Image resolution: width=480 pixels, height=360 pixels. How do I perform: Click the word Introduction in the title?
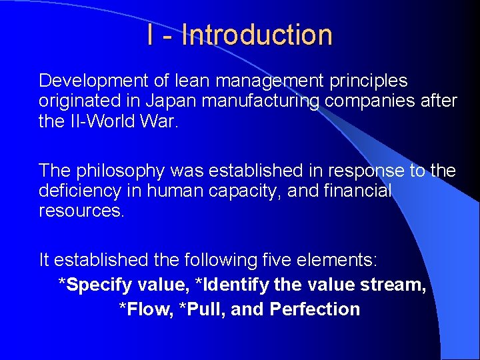(x=257, y=35)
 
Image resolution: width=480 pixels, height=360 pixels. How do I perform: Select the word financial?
(x=360, y=191)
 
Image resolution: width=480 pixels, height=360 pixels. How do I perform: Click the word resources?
(x=81, y=211)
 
